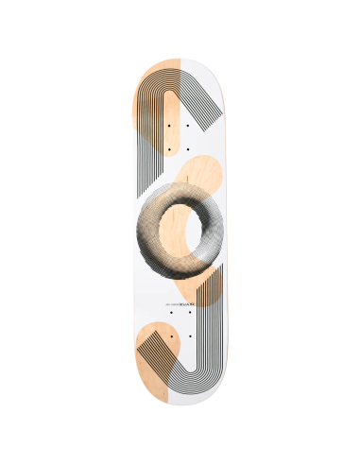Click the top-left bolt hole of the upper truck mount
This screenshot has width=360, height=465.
(x=169, y=125)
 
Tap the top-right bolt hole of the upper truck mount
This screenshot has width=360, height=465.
(x=188, y=125)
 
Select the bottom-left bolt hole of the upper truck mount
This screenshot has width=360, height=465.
(x=169, y=148)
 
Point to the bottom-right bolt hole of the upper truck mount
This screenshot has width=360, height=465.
(x=188, y=148)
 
